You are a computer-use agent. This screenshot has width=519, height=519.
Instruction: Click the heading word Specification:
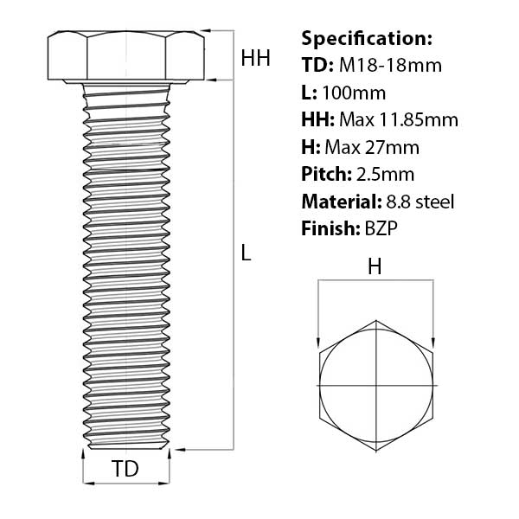click(367, 38)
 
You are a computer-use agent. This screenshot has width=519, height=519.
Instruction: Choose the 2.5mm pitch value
click(385, 174)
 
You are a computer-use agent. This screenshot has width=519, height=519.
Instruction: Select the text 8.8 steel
click(418, 202)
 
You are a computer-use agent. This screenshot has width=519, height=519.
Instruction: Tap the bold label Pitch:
click(326, 174)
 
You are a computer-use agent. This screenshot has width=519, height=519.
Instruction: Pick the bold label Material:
click(339, 202)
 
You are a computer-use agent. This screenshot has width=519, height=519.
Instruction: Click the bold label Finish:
click(327, 228)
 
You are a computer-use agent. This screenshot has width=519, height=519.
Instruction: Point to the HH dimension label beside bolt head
click(255, 59)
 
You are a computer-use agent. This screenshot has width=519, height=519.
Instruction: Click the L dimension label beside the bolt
click(247, 253)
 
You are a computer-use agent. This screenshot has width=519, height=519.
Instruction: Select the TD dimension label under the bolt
click(125, 470)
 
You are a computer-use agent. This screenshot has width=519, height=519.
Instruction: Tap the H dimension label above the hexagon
click(375, 267)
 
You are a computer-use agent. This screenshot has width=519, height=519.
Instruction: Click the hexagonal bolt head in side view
click(126, 55)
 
